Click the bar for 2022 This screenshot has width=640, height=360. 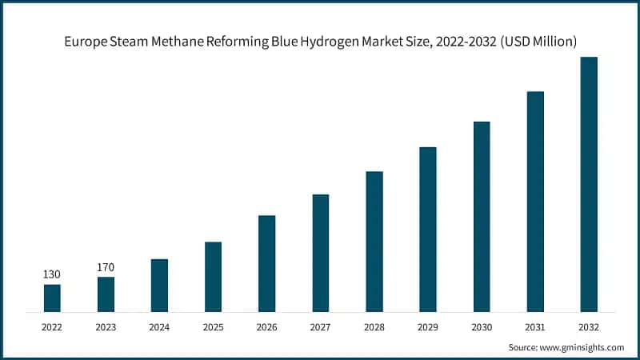coord(52,298)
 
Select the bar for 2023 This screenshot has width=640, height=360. coord(106,294)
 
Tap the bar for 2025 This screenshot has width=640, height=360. coord(213,276)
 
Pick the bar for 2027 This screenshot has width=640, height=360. coord(321,252)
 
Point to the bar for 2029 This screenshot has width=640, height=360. coord(428,229)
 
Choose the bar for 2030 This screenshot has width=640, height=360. coord(482,216)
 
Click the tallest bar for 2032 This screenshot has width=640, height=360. coord(589,184)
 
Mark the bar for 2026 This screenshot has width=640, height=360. coord(266,263)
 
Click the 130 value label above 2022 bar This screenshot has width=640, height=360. coord(52,274)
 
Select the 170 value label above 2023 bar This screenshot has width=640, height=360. coord(106,267)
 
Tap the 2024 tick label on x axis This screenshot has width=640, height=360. coord(159,326)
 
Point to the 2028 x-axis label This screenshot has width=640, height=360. coord(374,326)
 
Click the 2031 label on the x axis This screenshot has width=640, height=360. coord(535,326)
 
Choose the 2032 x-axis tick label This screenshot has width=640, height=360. coord(589,326)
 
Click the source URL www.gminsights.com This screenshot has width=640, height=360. coord(582,347)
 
